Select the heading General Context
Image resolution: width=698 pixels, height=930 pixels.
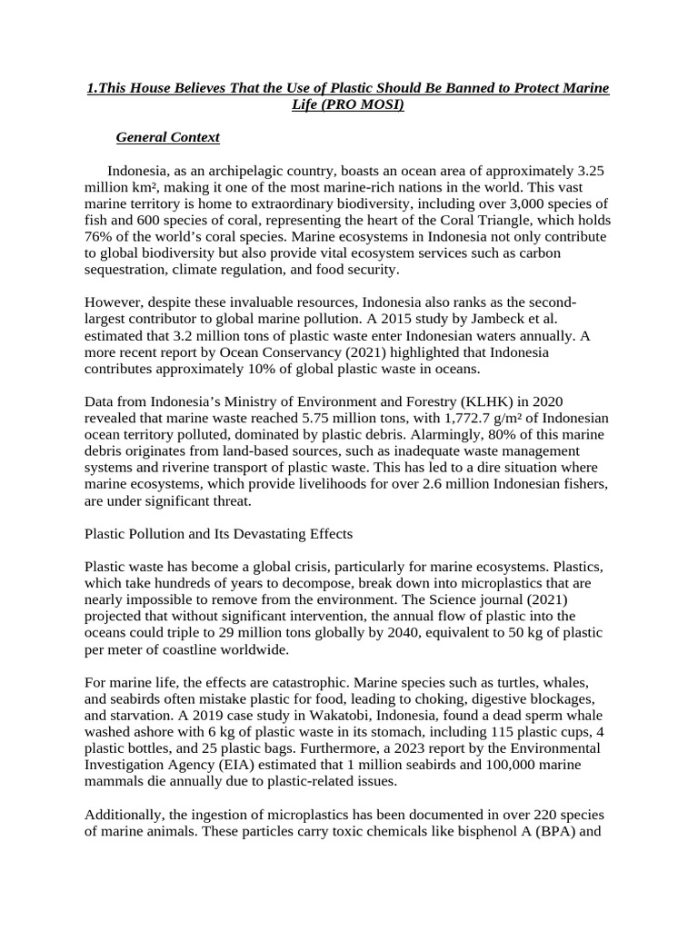click(x=168, y=137)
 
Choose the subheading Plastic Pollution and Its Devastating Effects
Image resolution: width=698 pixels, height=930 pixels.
click(x=218, y=533)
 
